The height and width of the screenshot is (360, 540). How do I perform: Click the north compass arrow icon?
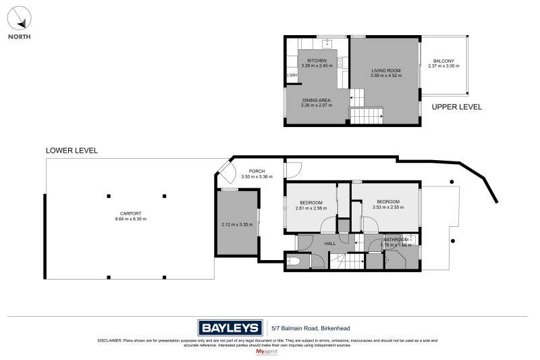[20, 18]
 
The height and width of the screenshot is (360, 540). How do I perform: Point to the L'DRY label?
[292, 75]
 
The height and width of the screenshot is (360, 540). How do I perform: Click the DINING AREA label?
[316, 100]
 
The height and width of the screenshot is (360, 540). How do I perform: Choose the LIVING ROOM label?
[386, 70]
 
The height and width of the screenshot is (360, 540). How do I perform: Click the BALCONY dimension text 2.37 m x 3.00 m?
[443, 66]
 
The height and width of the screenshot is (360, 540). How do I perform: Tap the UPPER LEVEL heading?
[456, 107]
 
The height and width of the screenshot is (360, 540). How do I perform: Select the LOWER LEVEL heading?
[72, 151]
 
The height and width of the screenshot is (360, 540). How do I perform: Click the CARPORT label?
[130, 213]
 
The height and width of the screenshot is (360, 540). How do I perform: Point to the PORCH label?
[256, 171]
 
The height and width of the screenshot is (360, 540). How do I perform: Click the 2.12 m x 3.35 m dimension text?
[236, 224]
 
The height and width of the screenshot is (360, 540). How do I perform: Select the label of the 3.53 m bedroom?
[388, 202]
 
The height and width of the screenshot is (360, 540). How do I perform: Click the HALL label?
[330, 243]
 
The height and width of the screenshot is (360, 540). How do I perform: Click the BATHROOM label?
[396, 240]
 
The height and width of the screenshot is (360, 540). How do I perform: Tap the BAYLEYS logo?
[230, 328]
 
